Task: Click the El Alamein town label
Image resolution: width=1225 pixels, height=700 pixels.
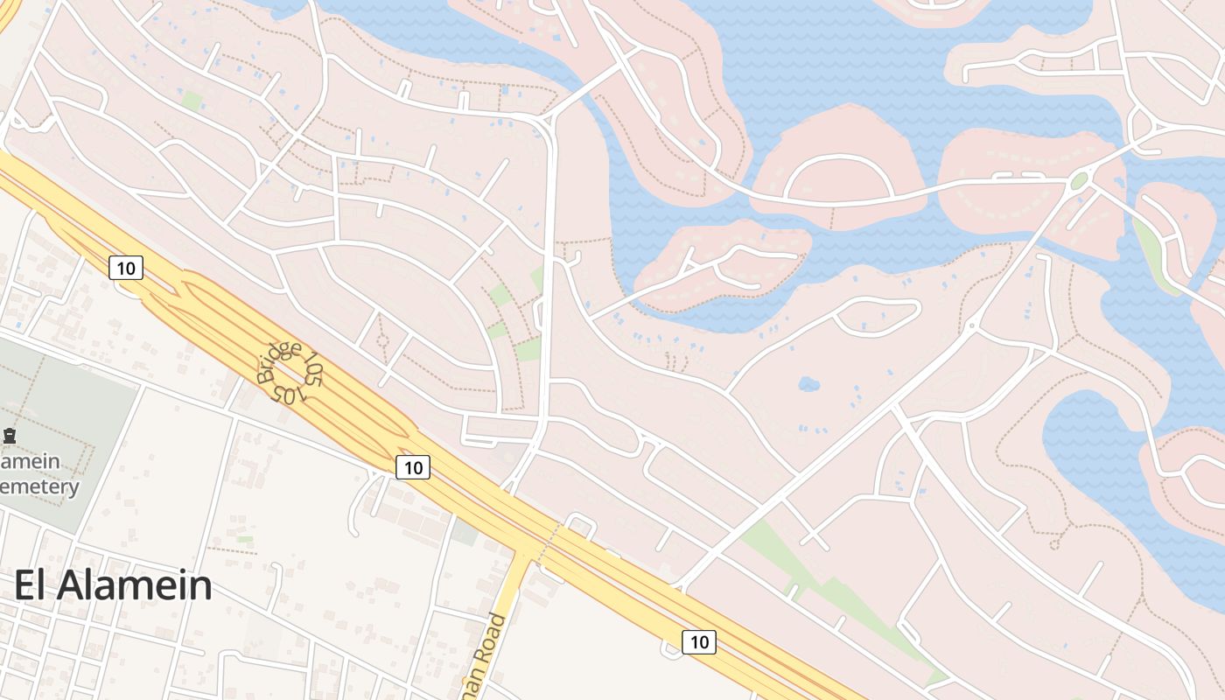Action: (x=113, y=585)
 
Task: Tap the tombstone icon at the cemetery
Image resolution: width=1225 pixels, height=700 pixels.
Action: (x=10, y=435)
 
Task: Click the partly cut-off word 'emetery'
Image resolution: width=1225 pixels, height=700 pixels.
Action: (x=40, y=487)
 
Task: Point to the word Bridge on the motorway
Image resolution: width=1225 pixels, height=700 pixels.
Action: (x=278, y=364)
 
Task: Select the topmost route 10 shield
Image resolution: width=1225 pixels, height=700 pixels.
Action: (x=126, y=268)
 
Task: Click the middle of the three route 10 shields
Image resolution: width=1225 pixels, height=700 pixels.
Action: (x=413, y=467)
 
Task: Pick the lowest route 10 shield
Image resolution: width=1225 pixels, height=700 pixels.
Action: (x=698, y=642)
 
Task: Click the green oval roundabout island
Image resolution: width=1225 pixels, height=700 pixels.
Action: (x=1079, y=180)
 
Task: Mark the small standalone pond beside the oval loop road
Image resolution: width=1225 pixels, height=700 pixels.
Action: (x=808, y=383)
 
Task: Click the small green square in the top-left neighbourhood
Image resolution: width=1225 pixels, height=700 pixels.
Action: (x=192, y=101)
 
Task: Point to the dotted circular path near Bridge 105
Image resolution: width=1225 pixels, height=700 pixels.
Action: (x=381, y=342)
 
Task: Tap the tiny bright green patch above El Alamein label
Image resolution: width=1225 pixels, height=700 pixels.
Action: (x=245, y=539)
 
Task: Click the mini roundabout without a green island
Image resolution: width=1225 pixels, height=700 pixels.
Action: (x=972, y=327)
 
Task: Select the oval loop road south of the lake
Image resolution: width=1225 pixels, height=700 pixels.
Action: (x=876, y=316)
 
